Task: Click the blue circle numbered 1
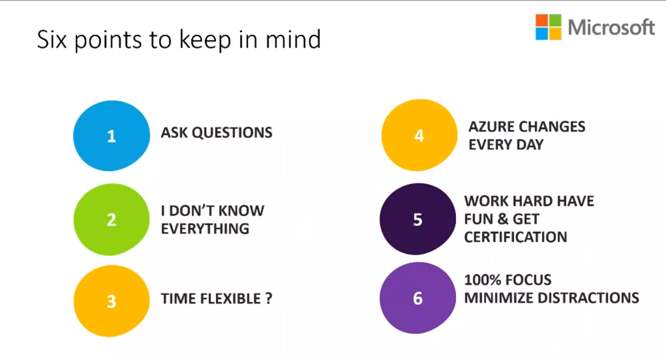pos(111,136)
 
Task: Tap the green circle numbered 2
pos(111,220)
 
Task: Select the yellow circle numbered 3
pos(111,301)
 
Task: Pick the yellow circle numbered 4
pos(419,135)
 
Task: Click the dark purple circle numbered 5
pos(418,219)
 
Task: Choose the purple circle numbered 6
pos(418,298)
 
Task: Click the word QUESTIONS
pos(232,133)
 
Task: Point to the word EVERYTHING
pos(205,228)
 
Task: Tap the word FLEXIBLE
pos(230,299)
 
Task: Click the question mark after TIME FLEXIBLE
pos(269,299)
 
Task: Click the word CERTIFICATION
pos(516,237)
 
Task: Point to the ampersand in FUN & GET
pos(503,219)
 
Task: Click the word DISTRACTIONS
pos(588,298)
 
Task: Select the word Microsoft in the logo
pos(611,27)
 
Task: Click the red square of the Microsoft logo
pos(542,20)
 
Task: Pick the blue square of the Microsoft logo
pos(542,33)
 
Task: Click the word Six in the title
pos(52,39)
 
